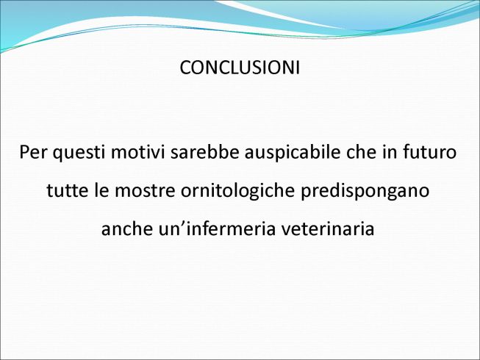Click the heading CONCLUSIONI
(x=240, y=68)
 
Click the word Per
(x=32, y=151)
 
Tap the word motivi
(x=137, y=151)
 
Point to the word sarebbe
(x=205, y=151)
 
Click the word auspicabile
(x=293, y=153)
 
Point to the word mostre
(x=145, y=190)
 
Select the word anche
(x=126, y=228)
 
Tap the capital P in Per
(x=24, y=151)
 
